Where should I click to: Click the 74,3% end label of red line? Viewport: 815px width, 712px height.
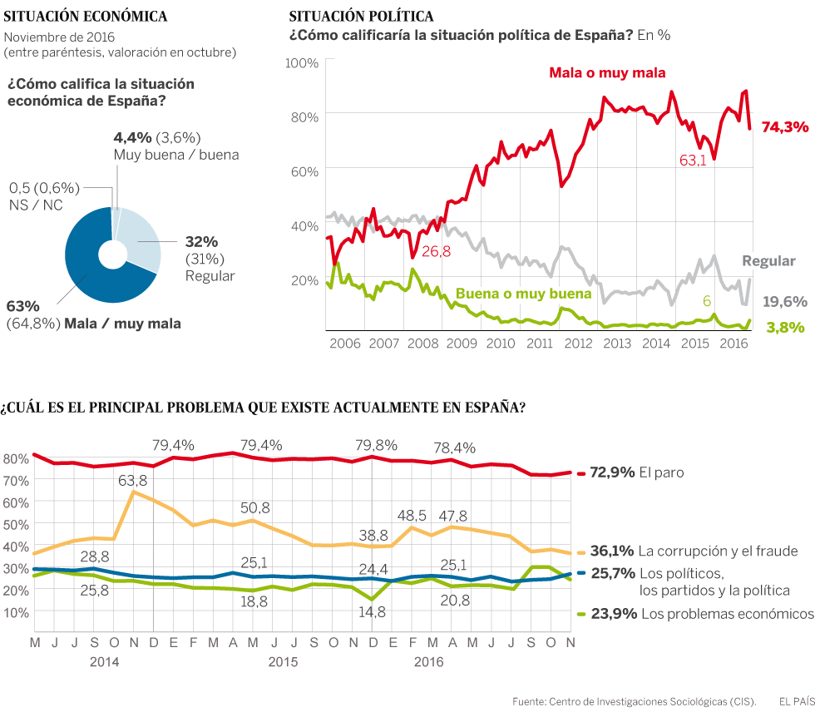point(785,127)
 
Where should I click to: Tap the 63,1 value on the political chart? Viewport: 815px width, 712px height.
point(693,161)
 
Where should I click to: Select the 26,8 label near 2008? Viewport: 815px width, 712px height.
point(437,251)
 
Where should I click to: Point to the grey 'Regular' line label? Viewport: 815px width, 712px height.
point(768,261)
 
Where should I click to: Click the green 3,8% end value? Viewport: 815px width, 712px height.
point(784,328)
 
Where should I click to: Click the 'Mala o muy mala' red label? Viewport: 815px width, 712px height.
point(607,73)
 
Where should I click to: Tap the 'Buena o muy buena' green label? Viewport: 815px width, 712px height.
point(523,294)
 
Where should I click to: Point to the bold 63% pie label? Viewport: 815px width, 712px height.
point(22,305)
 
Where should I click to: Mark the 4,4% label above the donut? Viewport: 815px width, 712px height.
point(131,137)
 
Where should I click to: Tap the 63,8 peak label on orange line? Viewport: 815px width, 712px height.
point(132,480)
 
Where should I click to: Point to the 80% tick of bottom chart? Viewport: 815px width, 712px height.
point(16,458)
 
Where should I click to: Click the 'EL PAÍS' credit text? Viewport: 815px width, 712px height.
point(796,701)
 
